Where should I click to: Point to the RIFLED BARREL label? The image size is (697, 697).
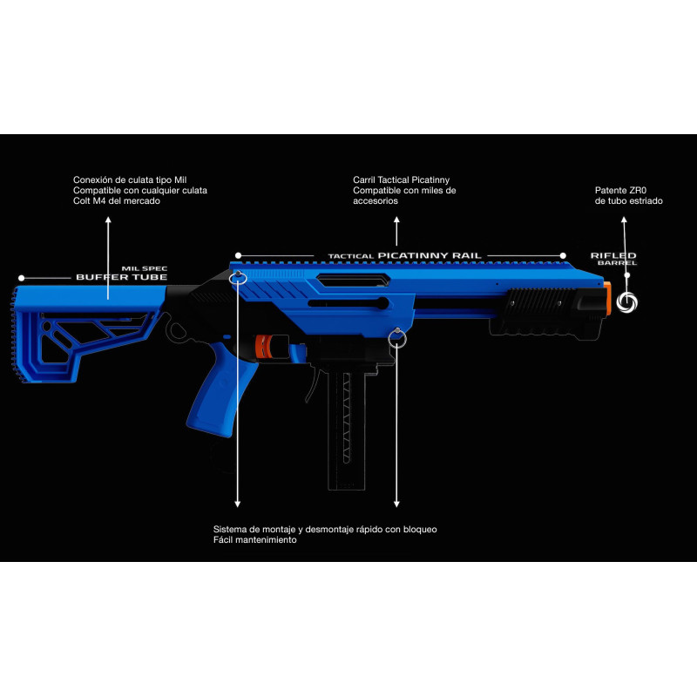click(x=613, y=258)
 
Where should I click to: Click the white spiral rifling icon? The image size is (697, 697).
click(x=627, y=301)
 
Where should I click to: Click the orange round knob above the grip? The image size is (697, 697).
click(x=263, y=347)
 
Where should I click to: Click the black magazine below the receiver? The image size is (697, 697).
click(x=345, y=427)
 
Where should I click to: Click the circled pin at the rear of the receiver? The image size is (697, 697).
click(x=238, y=276)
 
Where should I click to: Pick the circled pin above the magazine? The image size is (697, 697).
click(x=397, y=335)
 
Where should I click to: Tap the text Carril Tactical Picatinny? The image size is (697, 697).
click(x=401, y=179)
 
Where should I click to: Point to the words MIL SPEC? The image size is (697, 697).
click(x=144, y=268)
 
